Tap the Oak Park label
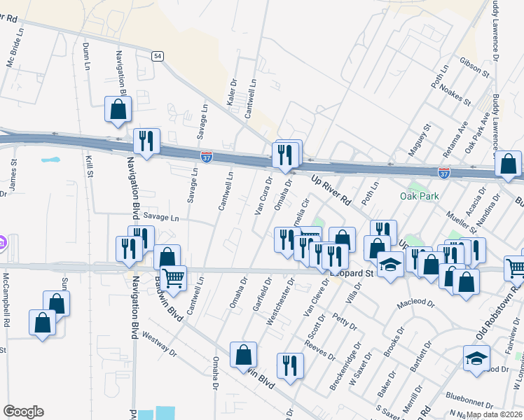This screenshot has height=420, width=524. [420, 196]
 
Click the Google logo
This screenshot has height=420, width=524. [23, 412]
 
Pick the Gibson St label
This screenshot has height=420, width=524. [474, 68]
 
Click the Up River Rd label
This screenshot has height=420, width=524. [331, 189]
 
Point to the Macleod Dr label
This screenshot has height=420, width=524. [416, 305]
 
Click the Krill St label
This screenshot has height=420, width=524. [89, 167]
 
